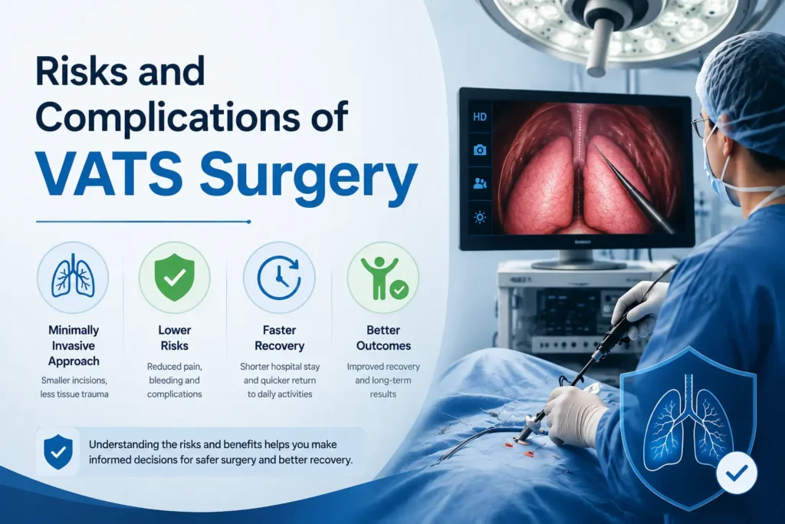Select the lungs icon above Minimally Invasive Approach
click(73, 277)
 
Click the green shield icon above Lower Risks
click(174, 277)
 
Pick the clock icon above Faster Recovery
click(279, 277)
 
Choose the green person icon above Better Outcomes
click(384, 278)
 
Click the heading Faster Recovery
click(279, 338)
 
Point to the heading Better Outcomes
click(383, 338)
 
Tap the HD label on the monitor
click(480, 117)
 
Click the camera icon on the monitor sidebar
click(480, 150)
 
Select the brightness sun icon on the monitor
click(480, 217)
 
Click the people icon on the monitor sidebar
click(480, 183)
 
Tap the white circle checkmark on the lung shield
click(737, 473)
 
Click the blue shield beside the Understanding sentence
click(58, 451)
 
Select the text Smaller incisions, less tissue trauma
click(74, 387)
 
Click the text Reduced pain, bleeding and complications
click(174, 381)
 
